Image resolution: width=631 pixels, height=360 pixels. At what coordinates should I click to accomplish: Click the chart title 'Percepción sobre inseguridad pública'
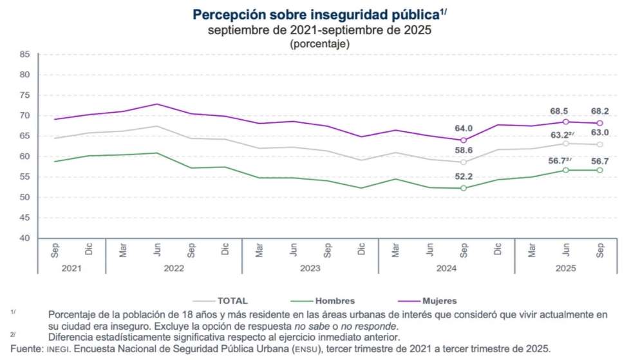click(x=316, y=14)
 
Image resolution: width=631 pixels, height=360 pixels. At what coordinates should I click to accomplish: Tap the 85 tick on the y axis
click(x=25, y=54)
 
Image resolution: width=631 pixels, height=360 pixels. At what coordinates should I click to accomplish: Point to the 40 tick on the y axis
click(x=25, y=238)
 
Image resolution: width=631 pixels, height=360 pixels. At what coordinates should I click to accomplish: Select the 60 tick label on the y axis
click(x=25, y=156)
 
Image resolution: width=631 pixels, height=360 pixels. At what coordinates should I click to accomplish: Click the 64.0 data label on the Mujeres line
click(x=464, y=128)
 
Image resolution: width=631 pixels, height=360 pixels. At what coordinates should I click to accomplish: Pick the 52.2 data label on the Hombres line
click(x=464, y=176)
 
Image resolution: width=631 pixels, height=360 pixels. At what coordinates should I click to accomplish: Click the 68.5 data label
click(x=566, y=111)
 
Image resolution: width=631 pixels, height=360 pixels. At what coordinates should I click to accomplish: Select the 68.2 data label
click(x=600, y=111)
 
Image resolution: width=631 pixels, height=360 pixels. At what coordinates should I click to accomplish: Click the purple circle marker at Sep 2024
click(x=464, y=140)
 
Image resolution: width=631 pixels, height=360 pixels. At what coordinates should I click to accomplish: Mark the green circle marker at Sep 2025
click(x=600, y=170)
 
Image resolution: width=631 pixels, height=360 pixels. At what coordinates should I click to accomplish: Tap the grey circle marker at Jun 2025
click(x=566, y=144)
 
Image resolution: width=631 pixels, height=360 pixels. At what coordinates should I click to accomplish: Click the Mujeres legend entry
click(x=439, y=300)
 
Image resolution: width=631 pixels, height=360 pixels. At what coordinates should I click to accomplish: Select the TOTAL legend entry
click(x=232, y=300)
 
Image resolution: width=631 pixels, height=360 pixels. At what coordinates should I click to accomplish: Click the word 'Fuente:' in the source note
click(x=21, y=348)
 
